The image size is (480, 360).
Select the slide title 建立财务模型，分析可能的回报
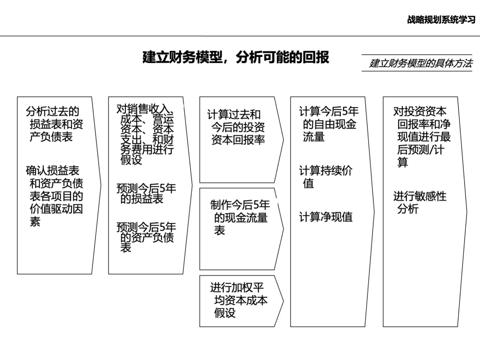point(236,57)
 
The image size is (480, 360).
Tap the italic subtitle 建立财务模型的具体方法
point(420,64)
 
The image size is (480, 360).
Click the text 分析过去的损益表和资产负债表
point(54,124)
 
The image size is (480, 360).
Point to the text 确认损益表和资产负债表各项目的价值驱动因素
point(54,196)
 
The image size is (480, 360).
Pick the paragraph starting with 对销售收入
point(145,135)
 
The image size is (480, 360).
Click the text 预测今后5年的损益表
point(145,193)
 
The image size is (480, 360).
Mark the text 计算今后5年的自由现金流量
point(328,124)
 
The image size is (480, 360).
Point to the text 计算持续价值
point(325,177)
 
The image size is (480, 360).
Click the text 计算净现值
point(325,217)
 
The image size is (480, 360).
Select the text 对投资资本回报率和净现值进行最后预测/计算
point(421,137)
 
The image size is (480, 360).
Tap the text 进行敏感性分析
point(419,202)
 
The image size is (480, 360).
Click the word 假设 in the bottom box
point(225,313)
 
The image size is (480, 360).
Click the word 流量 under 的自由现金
point(314,137)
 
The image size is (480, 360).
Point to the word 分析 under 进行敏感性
point(408,209)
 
